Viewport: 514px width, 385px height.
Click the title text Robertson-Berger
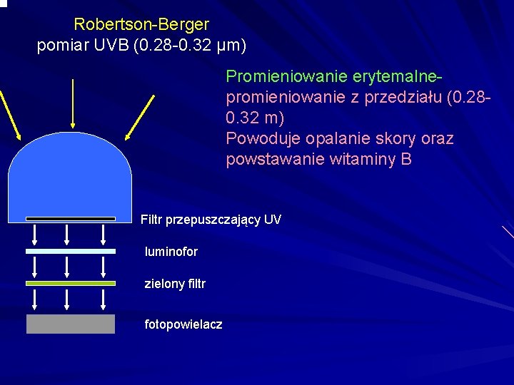(141, 25)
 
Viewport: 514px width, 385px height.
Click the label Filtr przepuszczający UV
(211, 220)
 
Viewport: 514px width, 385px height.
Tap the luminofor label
(171, 252)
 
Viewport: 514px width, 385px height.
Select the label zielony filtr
(175, 284)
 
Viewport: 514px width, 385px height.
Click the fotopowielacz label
(183, 324)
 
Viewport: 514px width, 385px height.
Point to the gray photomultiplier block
(70, 324)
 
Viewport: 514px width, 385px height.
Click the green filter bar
(70, 283)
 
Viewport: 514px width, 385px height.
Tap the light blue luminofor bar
(70, 251)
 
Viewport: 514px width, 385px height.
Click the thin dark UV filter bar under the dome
(70, 219)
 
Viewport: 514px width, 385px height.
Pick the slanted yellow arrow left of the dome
(9, 114)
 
